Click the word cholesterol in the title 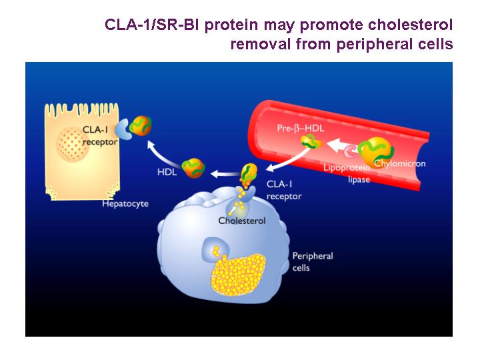410,25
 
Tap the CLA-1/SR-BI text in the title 151,25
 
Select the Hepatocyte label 125,203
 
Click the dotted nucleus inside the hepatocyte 73,144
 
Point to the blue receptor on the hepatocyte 123,129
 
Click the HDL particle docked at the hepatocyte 141,125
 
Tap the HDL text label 167,172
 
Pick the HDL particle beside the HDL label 193,168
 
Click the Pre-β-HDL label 300,128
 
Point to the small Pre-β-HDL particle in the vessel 311,141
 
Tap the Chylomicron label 400,163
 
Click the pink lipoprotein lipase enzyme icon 351,151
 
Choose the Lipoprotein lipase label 347,173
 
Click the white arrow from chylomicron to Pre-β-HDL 341,145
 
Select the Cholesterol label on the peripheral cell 242,221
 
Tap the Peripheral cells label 313,262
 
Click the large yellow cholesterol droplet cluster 238,274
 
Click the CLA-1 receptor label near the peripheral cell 284,190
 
